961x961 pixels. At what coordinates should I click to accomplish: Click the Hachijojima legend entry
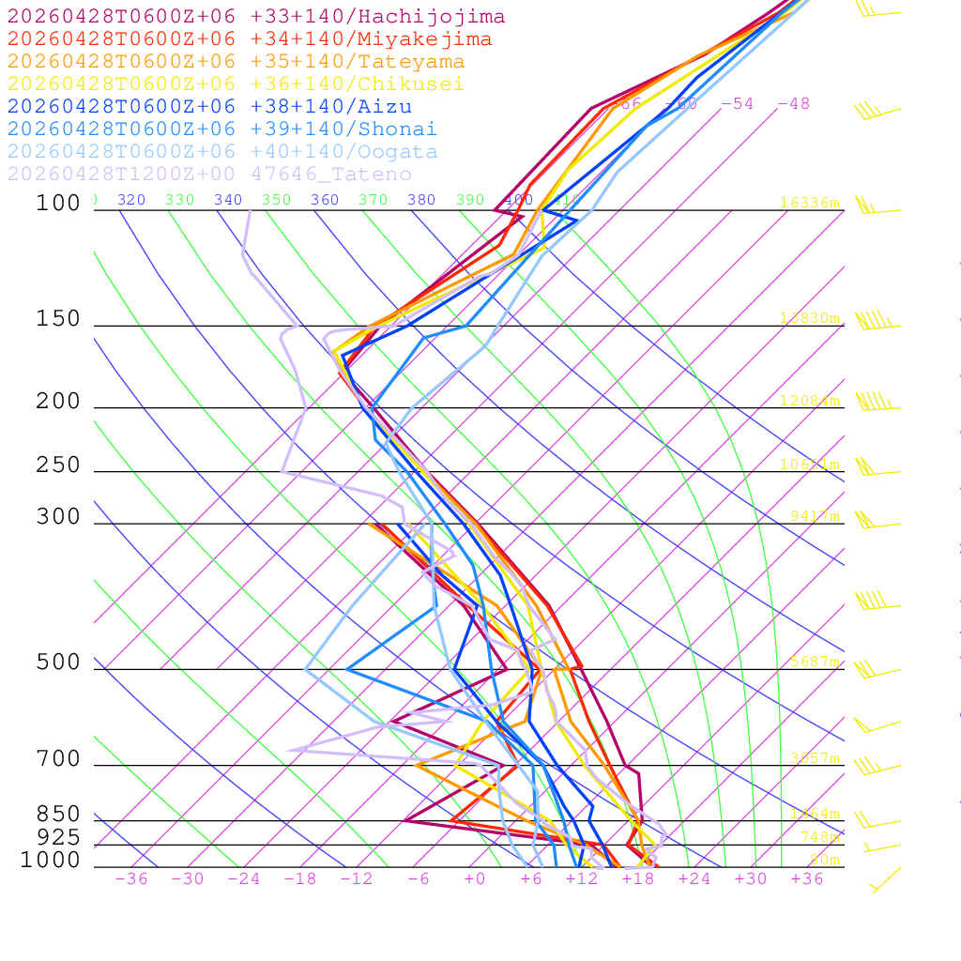tap(255, 17)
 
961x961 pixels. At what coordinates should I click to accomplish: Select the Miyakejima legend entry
tap(249, 39)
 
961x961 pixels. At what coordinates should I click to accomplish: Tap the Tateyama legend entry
tap(236, 62)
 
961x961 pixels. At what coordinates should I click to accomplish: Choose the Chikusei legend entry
tap(236, 84)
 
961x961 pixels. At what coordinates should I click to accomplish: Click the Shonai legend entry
tap(222, 130)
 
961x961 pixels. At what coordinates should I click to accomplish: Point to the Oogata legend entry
tap(222, 152)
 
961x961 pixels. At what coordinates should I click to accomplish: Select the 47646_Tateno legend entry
tap(209, 175)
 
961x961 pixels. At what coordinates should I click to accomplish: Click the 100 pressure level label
tap(58, 204)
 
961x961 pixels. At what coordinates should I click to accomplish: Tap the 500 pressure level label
tap(58, 664)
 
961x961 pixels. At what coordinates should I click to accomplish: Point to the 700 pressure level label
tap(58, 759)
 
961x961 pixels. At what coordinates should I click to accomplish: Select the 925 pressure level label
tap(58, 837)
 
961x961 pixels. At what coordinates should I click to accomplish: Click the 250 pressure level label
tap(58, 465)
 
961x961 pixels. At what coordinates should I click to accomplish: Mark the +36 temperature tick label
tap(807, 878)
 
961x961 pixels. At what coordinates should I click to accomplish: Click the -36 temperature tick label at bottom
tap(131, 878)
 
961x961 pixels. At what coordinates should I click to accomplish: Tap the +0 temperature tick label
tap(475, 878)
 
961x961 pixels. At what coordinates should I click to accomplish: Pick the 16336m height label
tap(810, 203)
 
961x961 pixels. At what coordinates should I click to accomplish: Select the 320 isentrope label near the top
tap(131, 200)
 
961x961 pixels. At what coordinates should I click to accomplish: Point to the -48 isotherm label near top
tap(793, 104)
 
